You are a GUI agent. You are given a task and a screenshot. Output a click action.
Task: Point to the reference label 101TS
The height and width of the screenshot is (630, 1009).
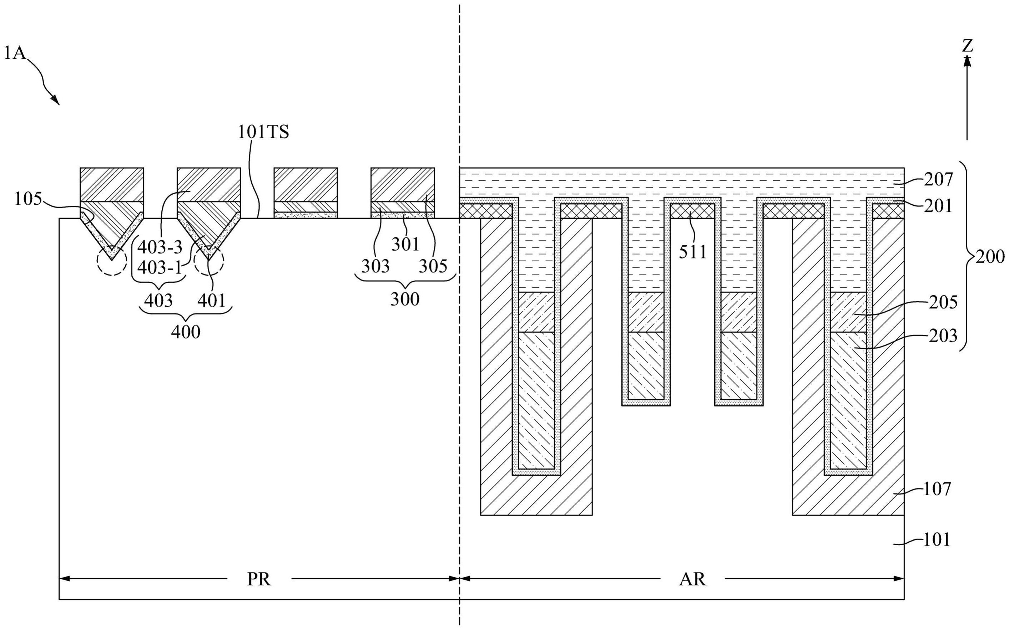(x=263, y=132)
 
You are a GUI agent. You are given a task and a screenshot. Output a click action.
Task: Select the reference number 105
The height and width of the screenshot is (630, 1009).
(x=28, y=199)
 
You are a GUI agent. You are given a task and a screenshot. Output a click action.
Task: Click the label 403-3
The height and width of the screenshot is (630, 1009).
(x=160, y=247)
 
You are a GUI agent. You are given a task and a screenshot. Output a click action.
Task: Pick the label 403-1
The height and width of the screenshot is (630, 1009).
(x=160, y=267)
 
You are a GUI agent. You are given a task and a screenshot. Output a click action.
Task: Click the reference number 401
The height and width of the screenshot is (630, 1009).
(x=212, y=300)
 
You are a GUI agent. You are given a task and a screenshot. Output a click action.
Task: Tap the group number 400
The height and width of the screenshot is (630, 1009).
(x=186, y=332)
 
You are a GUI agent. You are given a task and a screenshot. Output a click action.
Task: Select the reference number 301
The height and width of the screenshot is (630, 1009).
(x=405, y=244)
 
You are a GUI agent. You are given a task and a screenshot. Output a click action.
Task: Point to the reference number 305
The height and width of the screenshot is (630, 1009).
(x=433, y=266)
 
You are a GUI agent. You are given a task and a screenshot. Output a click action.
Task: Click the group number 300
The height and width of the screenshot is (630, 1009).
(x=405, y=299)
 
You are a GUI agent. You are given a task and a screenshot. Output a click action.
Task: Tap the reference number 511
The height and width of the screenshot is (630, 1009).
(x=693, y=252)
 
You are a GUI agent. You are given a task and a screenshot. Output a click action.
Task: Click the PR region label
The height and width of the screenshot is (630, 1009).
(x=259, y=579)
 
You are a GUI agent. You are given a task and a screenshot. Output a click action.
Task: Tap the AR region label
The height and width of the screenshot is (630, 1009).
(x=692, y=579)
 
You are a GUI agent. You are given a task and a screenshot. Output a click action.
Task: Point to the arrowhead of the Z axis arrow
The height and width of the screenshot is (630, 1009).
(x=967, y=61)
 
